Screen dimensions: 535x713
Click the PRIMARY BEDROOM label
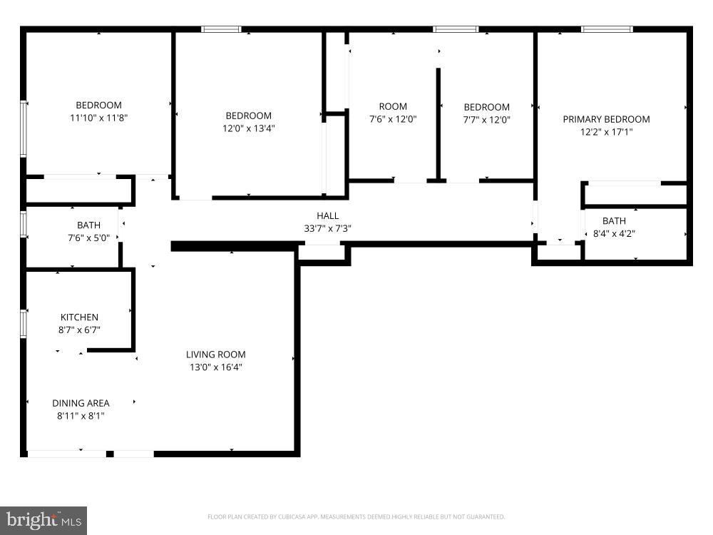(606, 119)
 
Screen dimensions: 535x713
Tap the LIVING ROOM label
(215, 355)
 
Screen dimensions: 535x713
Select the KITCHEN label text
(79, 317)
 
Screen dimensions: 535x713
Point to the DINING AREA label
(81, 403)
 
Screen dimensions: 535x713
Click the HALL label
(327, 216)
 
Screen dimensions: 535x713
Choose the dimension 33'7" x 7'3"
(327, 229)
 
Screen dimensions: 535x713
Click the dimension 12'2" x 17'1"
(606, 132)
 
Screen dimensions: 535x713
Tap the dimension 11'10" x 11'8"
(99, 118)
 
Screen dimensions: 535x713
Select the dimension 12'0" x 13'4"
(248, 129)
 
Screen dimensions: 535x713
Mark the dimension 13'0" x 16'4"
(215, 367)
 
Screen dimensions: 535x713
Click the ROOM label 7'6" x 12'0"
(393, 107)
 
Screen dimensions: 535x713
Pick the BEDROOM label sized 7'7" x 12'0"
(486, 108)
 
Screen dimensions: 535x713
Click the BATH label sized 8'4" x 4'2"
(614, 221)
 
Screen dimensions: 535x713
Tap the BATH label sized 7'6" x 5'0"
(88, 226)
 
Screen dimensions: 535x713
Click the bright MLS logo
(43, 520)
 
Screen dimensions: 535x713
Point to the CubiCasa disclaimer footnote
(356, 516)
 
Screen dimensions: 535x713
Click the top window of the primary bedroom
(607, 29)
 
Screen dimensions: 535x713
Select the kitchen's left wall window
(24, 323)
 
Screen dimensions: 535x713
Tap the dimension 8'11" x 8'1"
(81, 416)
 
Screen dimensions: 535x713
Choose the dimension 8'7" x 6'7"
(79, 330)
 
